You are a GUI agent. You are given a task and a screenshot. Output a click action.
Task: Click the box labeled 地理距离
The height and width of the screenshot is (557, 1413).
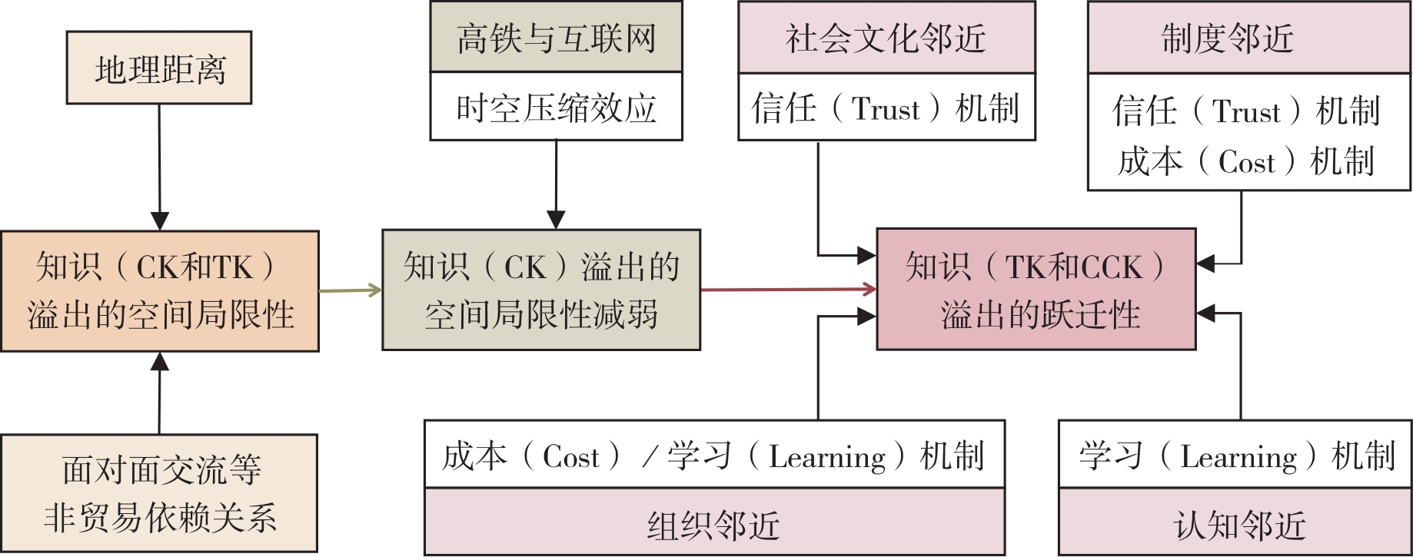tap(159, 68)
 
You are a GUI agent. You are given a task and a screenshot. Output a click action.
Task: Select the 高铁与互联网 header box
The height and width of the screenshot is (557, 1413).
tap(556, 38)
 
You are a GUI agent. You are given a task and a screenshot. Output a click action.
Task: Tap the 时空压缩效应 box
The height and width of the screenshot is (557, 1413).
tap(556, 107)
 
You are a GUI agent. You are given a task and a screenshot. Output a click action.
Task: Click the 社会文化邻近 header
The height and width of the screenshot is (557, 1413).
tap(886, 38)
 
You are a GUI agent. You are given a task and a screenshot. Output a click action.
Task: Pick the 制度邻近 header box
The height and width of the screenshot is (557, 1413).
tap(1248, 38)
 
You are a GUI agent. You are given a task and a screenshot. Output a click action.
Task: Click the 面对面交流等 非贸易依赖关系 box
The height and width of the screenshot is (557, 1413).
tap(159, 493)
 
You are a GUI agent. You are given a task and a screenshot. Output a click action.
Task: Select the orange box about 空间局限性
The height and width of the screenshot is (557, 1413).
tap(160, 291)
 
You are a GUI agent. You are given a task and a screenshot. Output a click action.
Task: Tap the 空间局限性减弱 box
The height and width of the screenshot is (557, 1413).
tap(541, 290)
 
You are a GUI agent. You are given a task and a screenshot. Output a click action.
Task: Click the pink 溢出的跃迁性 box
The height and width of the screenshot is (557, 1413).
tap(1036, 290)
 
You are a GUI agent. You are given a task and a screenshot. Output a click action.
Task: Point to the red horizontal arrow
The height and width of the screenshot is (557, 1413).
tap(788, 290)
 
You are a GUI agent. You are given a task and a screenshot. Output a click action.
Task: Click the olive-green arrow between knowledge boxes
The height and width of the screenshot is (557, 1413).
tap(351, 290)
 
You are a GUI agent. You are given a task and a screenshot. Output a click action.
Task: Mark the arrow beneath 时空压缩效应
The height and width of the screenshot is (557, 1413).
tap(556, 184)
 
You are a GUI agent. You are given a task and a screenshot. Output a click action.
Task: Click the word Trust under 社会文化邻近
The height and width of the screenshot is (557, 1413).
tap(886, 109)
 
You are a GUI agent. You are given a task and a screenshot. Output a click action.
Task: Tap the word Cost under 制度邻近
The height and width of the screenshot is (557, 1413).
tap(1246, 162)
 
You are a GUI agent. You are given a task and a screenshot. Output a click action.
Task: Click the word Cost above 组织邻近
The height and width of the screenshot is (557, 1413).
tap(570, 457)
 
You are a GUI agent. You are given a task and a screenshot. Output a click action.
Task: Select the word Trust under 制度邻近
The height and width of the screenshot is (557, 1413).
tap(1246, 112)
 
